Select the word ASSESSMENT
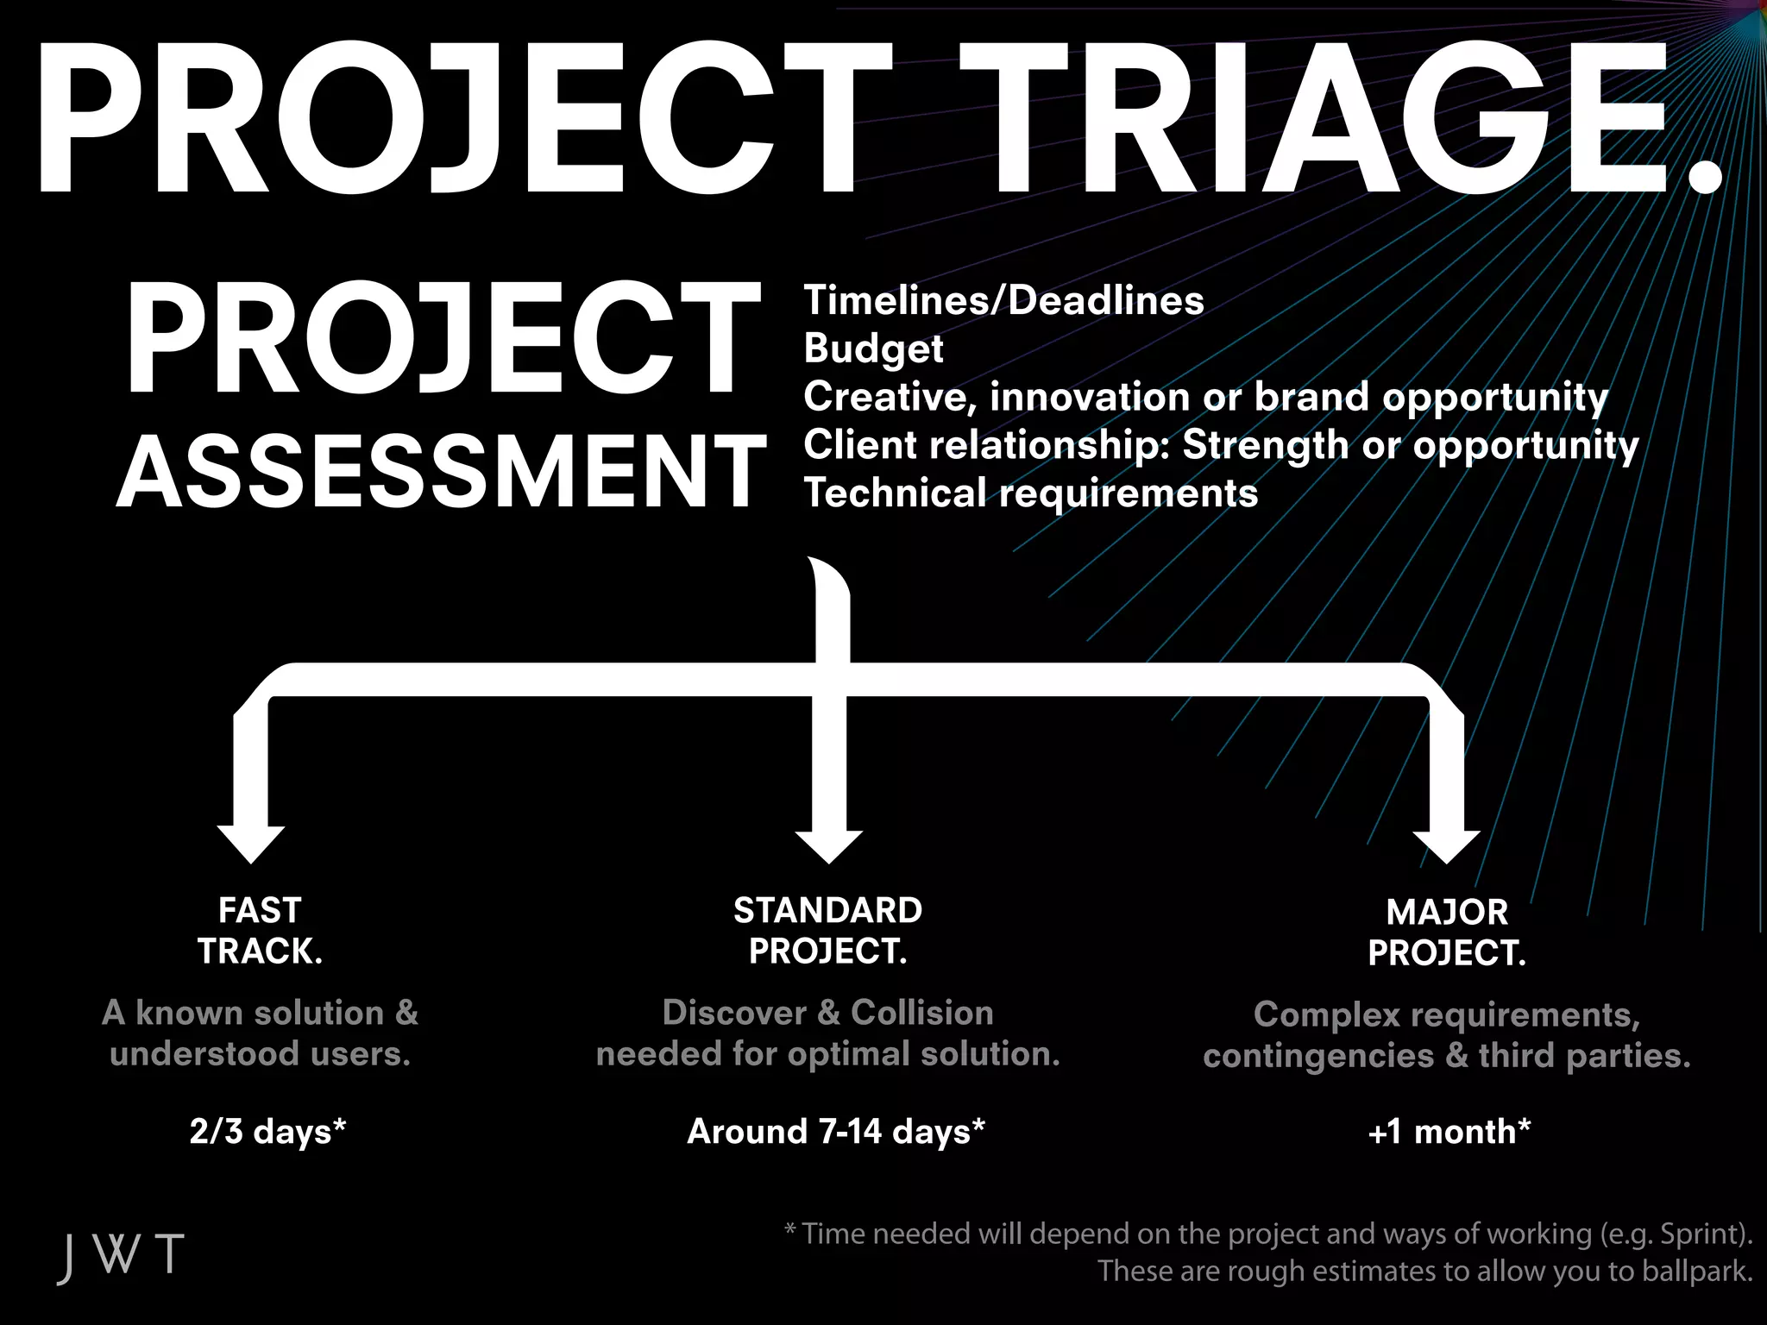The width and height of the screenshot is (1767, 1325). click(441, 472)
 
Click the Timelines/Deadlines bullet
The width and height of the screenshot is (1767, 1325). click(1003, 301)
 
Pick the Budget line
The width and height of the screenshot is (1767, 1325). click(873, 349)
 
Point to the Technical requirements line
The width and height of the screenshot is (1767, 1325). click(1031, 493)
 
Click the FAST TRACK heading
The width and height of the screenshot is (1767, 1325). click(260, 931)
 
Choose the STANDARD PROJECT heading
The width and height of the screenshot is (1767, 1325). click(827, 931)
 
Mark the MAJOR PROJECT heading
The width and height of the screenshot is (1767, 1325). click(1447, 933)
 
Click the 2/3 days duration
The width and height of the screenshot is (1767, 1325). click(267, 1131)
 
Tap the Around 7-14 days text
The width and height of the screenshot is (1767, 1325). click(835, 1131)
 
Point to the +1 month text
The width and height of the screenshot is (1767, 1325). click(1449, 1131)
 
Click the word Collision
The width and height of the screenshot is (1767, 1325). click(921, 1013)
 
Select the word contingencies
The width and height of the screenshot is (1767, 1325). click(1317, 1056)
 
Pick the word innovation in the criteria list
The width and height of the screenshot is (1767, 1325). click(1089, 397)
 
